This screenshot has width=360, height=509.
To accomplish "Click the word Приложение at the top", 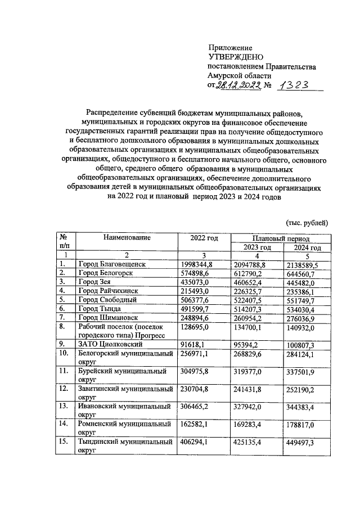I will (230, 48).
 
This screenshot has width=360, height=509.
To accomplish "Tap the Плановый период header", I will (278, 238).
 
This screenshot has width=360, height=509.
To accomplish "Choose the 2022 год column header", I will (204, 238).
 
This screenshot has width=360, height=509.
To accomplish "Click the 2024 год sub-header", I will (307, 247).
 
